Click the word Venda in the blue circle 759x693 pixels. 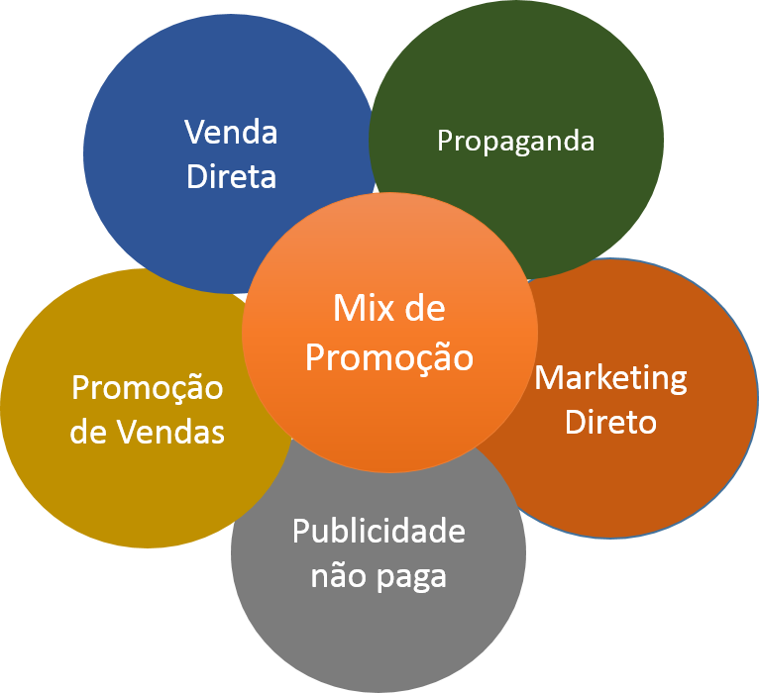231,133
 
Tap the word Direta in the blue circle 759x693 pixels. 231,177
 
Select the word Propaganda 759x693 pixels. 515,141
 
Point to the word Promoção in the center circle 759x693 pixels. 388,356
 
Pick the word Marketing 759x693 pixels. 610,377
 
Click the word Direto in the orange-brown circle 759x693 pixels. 610,423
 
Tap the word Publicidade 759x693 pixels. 379,531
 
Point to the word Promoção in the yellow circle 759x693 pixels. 147,387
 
